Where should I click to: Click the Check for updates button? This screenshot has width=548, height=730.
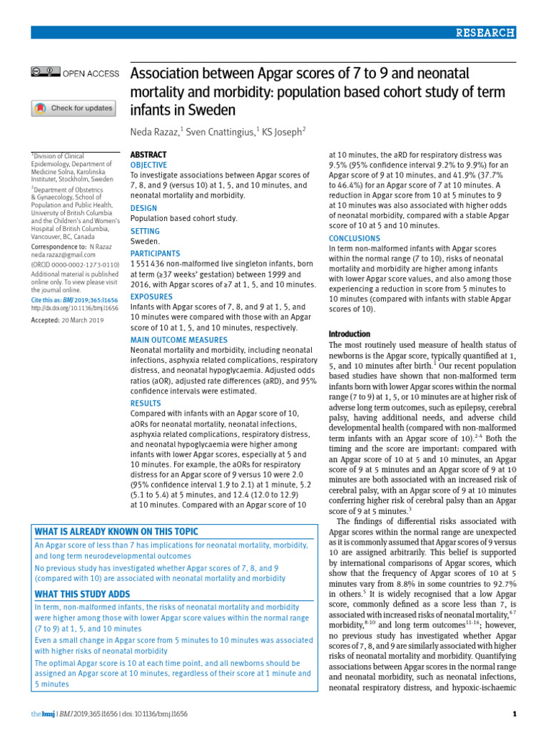pos(72,108)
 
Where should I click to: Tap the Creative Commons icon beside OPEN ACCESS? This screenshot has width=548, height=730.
pos(45,72)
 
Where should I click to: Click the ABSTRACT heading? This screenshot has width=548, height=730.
pos(148,155)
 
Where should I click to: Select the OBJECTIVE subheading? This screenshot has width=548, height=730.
pos(149,165)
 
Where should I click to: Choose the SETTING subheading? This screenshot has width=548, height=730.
pos(145,232)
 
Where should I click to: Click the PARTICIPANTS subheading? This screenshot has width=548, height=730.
pos(155,253)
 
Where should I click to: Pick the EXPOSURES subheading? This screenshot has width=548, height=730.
pos(151,297)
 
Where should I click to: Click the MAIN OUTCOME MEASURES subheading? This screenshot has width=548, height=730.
pos(178,341)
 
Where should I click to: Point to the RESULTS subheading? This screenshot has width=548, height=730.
pos(146,403)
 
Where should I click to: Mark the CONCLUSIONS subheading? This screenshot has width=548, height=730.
pos(355,238)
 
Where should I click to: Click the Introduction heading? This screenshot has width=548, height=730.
pos(349,334)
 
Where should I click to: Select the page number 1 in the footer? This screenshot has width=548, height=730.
pos(514,714)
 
